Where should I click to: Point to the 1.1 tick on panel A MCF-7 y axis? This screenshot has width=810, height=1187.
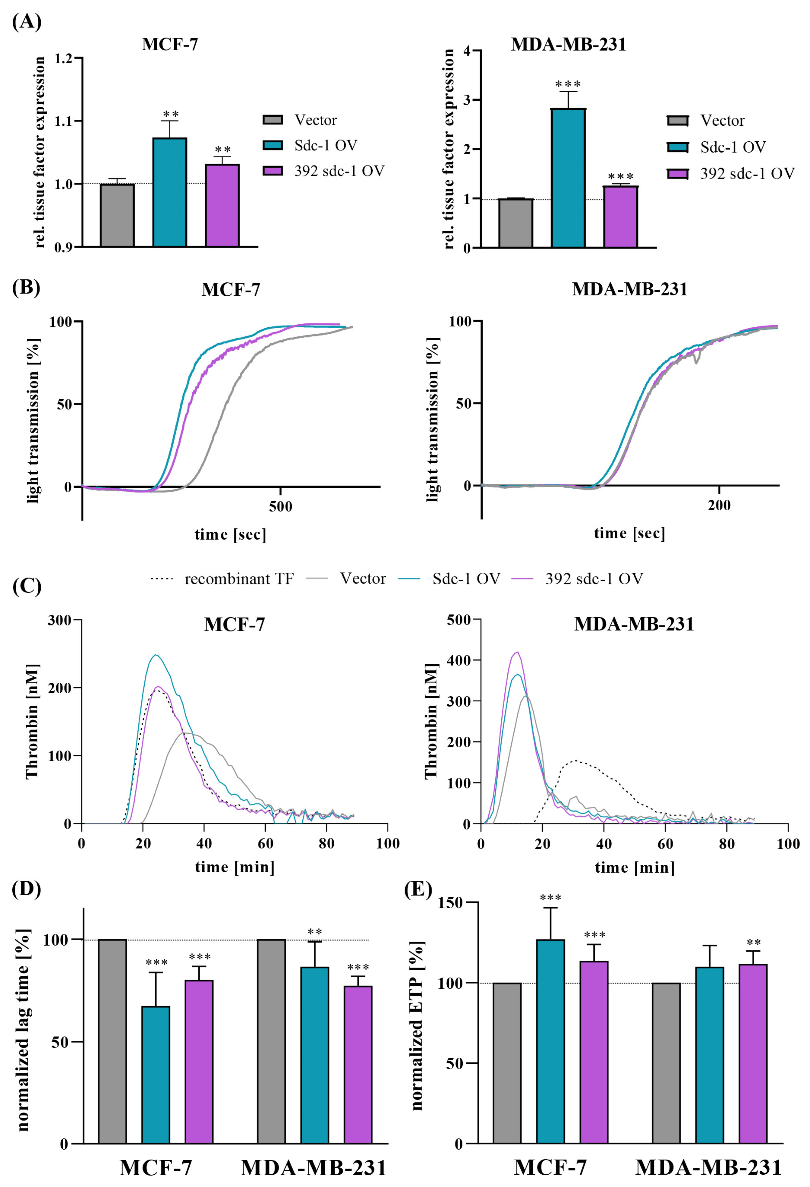click(63, 121)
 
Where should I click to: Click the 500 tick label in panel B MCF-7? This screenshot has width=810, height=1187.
click(280, 507)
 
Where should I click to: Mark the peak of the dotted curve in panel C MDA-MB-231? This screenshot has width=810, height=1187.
click(575, 760)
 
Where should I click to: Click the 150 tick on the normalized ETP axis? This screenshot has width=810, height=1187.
click(450, 902)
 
